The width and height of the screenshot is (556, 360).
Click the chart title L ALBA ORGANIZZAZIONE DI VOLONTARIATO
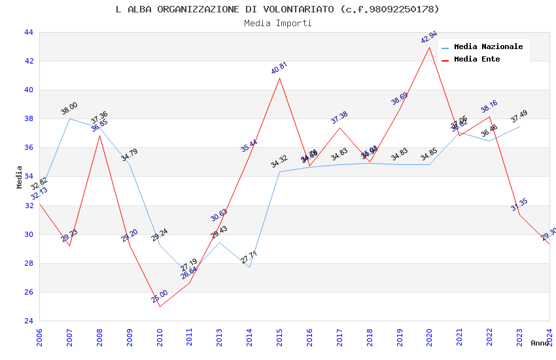click(277, 9)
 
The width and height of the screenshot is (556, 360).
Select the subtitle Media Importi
click(277, 23)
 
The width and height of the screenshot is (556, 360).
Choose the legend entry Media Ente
click(477, 60)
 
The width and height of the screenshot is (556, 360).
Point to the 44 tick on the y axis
click(29, 32)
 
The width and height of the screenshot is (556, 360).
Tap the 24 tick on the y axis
click(29, 321)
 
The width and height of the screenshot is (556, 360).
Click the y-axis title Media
click(20, 177)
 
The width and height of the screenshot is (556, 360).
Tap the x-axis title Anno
click(540, 343)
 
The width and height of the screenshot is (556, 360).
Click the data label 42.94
click(429, 37)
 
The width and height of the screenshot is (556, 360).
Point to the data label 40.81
click(279, 68)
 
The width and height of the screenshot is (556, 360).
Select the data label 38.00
click(69, 109)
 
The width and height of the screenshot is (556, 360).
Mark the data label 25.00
click(160, 297)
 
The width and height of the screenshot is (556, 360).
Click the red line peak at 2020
click(430, 47)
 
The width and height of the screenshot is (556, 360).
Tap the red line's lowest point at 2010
click(160, 306)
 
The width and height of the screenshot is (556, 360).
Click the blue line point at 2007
click(69, 118)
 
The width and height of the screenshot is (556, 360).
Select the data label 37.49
click(519, 117)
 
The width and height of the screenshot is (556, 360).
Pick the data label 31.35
click(519, 205)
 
